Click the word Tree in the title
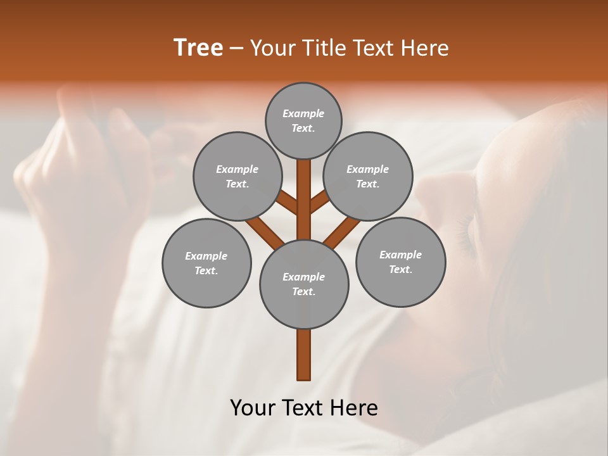[198, 48]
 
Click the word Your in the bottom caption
[253, 408]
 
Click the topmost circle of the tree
[303, 120]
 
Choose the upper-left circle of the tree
[237, 176]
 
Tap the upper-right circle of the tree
[368, 176]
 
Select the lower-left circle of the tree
[206, 263]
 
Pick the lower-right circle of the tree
[401, 262]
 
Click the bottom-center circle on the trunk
[304, 284]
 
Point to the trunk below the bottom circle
[304, 355]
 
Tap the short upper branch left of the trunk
[288, 204]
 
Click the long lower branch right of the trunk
[342, 232]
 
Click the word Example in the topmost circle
[303, 113]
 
